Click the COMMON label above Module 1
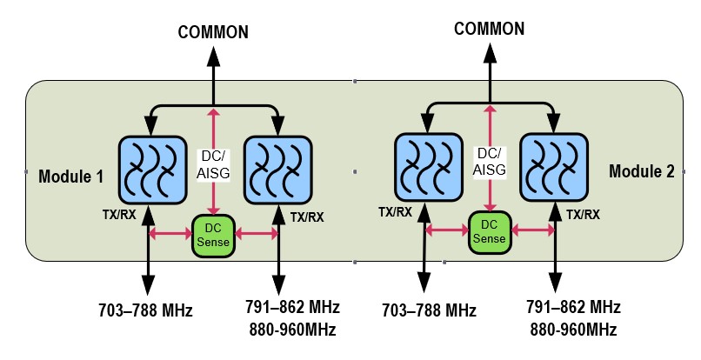pos(213,33)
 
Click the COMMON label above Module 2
pos(490,29)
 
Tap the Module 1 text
pos(71,177)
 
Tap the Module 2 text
pos(642,171)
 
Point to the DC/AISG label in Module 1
pos(213,164)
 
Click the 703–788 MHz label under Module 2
pos(430,310)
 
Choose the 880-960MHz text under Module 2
pos(574,330)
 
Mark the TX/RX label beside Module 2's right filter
pos(584,214)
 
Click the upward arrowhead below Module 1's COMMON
pos(213,56)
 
